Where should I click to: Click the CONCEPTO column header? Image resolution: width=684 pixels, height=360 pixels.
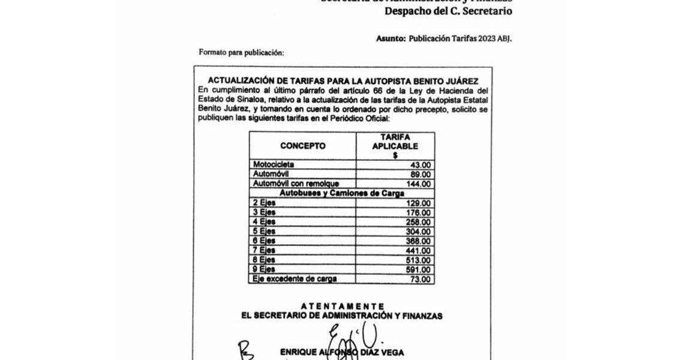(302, 146)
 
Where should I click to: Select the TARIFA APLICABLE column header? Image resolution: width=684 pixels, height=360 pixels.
(395, 146)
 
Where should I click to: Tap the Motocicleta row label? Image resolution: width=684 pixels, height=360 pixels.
(274, 164)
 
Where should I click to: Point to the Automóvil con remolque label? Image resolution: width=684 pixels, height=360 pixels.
(296, 184)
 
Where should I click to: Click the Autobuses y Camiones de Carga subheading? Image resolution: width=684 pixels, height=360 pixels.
(341, 193)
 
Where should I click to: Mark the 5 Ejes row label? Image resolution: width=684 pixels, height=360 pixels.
(263, 232)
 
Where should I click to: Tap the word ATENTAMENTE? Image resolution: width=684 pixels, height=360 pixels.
(342, 306)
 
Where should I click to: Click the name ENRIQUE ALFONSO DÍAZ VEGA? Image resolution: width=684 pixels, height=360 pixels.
(341, 352)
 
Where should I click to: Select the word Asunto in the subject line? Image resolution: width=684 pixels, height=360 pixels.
(391, 38)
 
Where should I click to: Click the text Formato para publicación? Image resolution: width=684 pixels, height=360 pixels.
(241, 52)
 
